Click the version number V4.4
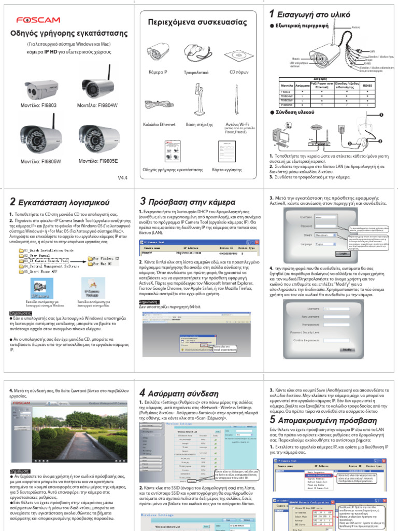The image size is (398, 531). point(122,177)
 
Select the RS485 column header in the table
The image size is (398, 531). point(367,85)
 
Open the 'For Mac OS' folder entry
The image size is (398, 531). point(99,264)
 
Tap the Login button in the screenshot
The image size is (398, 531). point(343,253)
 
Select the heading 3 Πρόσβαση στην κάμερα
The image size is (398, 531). point(188,202)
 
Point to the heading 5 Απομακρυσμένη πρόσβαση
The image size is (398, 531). point(321,420)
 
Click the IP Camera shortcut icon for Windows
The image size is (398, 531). point(39,286)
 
